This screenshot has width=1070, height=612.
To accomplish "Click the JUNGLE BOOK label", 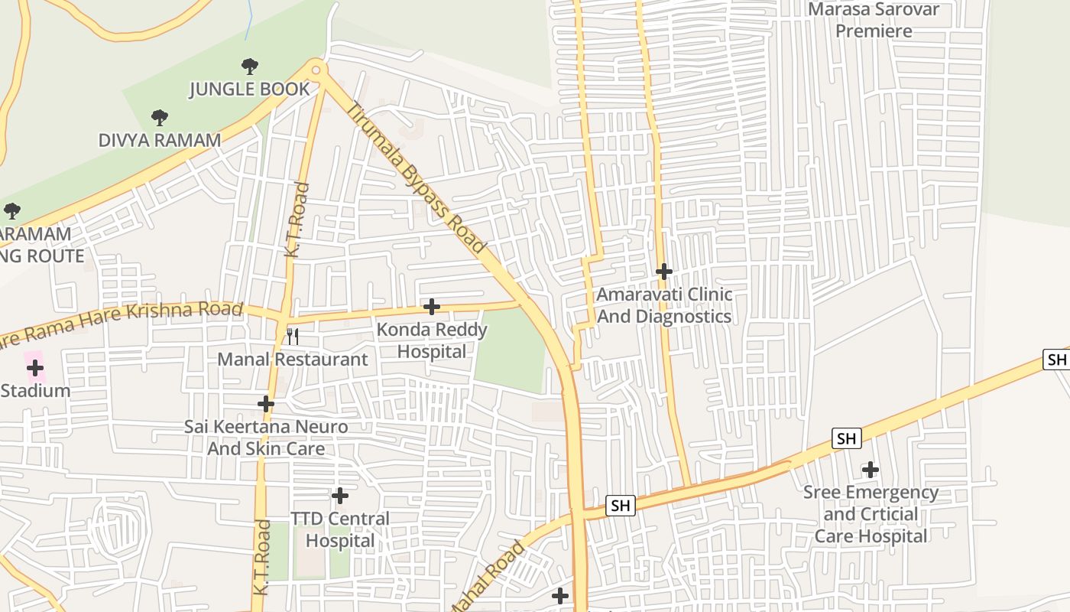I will tap(250, 89).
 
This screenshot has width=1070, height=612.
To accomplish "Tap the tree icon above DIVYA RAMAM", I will tap(159, 118).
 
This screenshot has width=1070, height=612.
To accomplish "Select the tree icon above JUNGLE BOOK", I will tap(249, 67).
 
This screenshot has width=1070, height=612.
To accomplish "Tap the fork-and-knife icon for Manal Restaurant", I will tap(292, 336).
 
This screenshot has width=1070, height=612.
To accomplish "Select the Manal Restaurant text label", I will tap(293, 359).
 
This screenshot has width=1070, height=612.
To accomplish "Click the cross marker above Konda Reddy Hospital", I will tap(432, 307).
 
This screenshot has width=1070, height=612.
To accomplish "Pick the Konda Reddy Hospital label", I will tap(432, 340).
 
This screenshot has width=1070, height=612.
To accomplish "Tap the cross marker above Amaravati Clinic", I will tap(664, 272).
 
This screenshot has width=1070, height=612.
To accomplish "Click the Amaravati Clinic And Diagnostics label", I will tap(664, 305).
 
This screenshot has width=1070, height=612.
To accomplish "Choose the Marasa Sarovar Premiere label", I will tap(874, 20).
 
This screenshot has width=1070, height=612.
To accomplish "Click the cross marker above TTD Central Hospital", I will tap(340, 496).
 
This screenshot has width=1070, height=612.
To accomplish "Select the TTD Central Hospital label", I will tap(340, 529).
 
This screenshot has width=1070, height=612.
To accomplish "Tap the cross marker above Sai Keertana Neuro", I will tap(266, 404).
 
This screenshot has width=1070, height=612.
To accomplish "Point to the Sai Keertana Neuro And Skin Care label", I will tap(266, 438).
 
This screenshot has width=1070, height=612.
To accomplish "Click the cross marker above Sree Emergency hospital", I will tap(871, 470).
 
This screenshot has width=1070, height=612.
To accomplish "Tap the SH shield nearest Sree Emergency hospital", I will tap(846, 438).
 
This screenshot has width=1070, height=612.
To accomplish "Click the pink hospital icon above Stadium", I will tap(34, 368).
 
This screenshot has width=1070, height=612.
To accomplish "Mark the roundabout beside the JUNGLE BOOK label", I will tap(317, 70).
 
